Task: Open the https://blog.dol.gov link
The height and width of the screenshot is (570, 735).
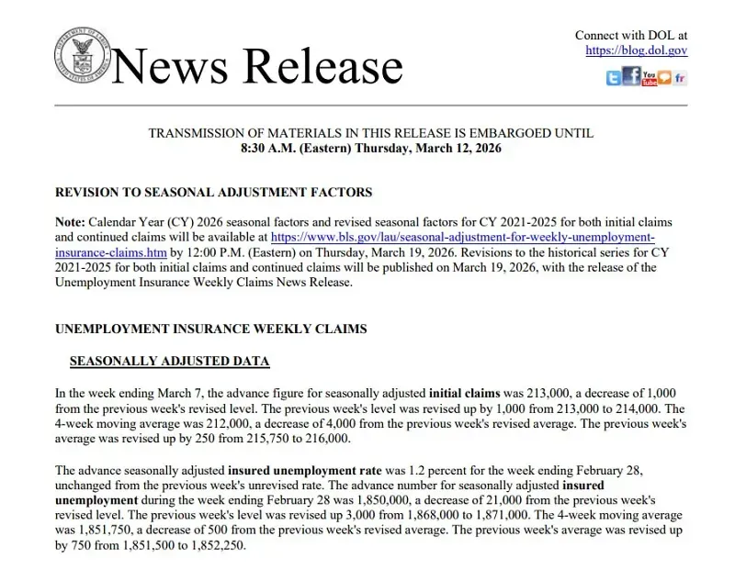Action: [636, 50]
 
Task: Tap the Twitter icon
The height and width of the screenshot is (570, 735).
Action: [614, 78]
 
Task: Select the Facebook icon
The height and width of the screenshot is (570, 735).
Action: [631, 77]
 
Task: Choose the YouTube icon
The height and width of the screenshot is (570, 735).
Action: [650, 78]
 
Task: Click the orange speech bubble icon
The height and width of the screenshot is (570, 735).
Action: [664, 78]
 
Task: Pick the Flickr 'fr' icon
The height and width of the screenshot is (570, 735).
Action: [680, 78]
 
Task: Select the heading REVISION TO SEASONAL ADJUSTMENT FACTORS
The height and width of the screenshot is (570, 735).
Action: [214, 193]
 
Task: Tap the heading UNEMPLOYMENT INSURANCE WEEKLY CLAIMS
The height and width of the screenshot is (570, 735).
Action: [211, 329]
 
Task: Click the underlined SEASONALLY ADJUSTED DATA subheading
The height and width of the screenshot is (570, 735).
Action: [170, 361]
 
